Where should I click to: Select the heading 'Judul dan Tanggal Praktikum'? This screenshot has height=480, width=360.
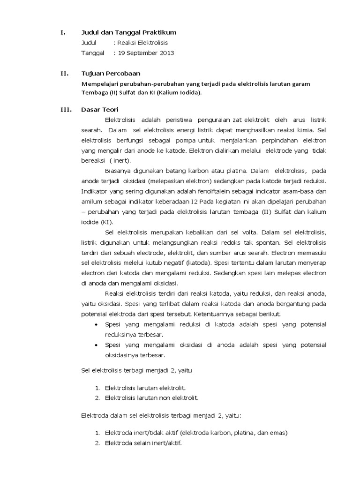[x=129, y=32]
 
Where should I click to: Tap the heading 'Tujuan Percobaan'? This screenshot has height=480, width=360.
[x=111, y=74]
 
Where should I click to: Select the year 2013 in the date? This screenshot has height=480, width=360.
[x=166, y=53]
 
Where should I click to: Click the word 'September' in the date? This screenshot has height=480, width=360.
[x=142, y=53]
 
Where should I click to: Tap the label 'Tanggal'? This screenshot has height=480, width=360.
[x=93, y=53]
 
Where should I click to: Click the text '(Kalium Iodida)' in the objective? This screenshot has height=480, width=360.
[x=180, y=92]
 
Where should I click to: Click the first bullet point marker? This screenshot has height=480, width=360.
[x=96, y=324]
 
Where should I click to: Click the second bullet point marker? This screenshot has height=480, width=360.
[x=96, y=345]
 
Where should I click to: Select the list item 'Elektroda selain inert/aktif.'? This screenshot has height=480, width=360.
[x=143, y=442]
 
